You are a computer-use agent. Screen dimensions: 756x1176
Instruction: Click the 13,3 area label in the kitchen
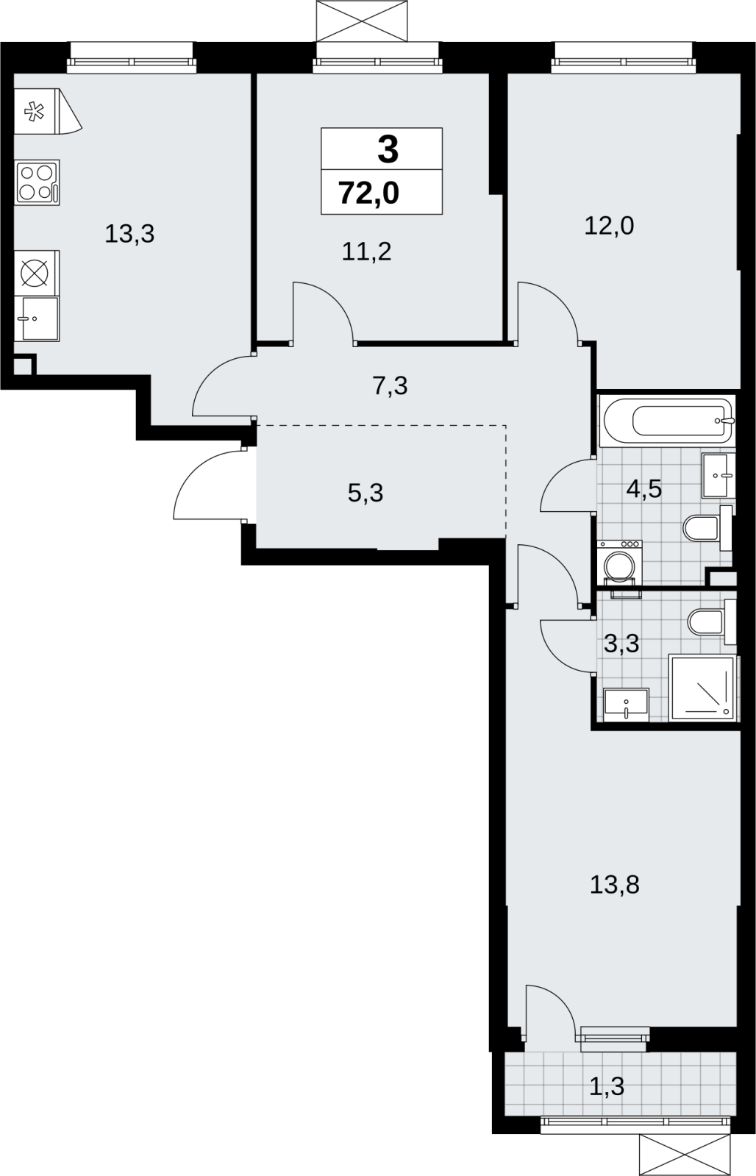coord(129,234)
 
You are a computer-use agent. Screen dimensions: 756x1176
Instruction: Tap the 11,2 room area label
coord(366,252)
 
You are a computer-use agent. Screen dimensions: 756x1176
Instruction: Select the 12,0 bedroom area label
coord(609,226)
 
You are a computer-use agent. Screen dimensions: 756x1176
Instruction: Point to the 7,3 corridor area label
coord(390,386)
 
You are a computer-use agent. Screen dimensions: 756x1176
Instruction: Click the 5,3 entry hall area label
coord(365,493)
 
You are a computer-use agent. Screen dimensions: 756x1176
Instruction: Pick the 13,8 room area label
coord(614,885)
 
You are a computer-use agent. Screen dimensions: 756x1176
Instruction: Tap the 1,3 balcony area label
coord(607,1086)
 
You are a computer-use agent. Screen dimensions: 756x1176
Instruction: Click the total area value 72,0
coord(369,193)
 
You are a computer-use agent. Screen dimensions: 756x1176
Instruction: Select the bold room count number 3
coord(388,149)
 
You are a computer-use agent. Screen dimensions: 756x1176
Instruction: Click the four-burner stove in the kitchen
coord(37,182)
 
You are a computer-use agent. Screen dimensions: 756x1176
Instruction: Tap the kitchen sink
coord(37,318)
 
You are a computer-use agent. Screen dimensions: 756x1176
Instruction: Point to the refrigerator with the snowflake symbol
coord(48,111)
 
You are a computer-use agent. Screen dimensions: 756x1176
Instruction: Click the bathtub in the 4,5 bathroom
coord(667,421)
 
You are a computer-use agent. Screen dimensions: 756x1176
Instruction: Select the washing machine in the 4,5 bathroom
coord(619,564)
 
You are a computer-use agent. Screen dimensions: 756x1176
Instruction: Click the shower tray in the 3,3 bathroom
coord(704,688)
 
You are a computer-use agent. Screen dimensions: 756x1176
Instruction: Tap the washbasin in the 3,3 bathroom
coord(627,705)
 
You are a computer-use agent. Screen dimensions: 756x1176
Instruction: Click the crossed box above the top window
coord(363,21)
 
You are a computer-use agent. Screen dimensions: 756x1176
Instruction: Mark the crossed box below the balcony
coord(685,1154)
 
